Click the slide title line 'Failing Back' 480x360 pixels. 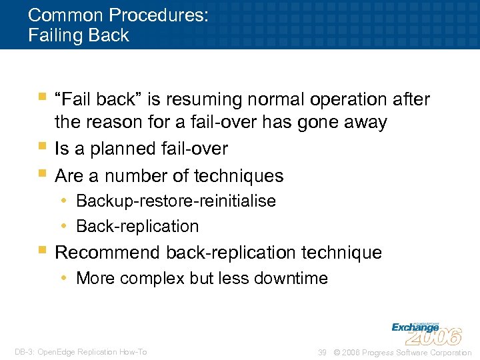coord(79,35)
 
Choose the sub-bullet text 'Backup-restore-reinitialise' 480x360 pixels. coord(176,201)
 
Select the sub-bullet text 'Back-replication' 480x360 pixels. coord(137,227)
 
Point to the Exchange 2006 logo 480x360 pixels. coord(426,331)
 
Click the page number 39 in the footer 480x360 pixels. coord(322,352)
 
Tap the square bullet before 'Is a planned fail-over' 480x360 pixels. coord(43,146)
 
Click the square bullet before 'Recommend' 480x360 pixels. coord(43,251)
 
